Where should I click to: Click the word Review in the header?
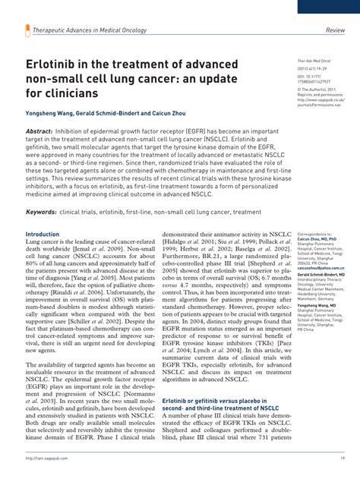pos(336,30)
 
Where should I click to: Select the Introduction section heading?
pos(43,235)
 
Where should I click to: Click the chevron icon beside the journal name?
pos(27,30)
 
